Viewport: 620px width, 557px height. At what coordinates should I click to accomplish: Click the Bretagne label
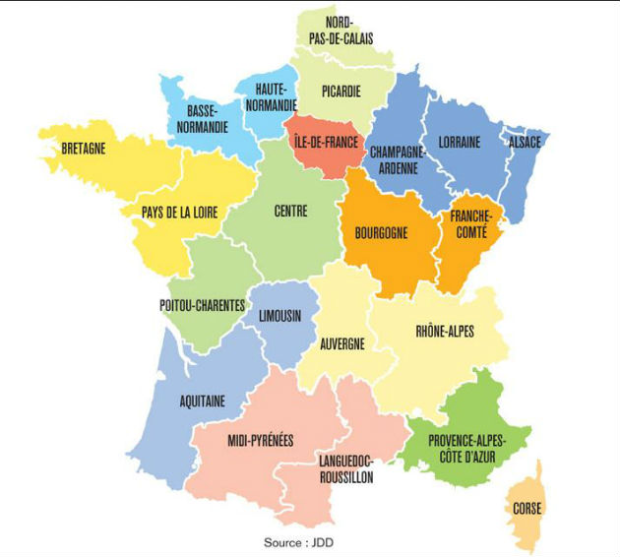[83, 151]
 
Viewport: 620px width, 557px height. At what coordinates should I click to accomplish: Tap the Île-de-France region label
[327, 142]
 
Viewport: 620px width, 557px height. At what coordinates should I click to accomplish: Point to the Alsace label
[525, 142]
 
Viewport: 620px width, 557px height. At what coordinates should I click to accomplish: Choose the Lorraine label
[460, 142]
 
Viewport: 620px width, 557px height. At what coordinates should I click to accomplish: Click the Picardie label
[341, 92]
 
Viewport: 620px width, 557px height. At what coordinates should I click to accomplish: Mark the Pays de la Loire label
[179, 212]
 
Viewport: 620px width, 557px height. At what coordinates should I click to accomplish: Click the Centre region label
[291, 211]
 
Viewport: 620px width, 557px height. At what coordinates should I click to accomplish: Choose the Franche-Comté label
[469, 223]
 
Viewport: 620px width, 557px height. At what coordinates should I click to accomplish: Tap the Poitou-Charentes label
[202, 306]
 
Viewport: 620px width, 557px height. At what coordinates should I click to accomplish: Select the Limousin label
[279, 316]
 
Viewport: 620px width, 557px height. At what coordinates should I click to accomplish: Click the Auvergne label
[342, 343]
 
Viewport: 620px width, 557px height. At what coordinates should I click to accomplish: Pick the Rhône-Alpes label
[445, 332]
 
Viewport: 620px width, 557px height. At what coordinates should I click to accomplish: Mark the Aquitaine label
[203, 401]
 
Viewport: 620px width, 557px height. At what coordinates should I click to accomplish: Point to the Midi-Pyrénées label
[260, 440]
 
